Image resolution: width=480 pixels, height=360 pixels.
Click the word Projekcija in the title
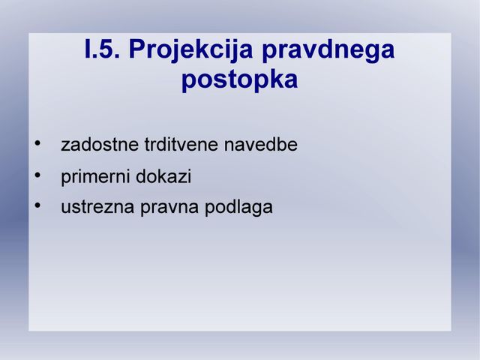[190, 50]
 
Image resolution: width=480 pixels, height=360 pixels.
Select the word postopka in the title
[239, 80]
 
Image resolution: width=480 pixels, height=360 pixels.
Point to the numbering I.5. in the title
[102, 49]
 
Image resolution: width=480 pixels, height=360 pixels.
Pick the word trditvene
[181, 145]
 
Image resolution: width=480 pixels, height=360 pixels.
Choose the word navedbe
[260, 145]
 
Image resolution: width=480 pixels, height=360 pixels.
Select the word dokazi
[163, 176]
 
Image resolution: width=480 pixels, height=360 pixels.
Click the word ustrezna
[97, 207]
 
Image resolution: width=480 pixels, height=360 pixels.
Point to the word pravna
[169, 208]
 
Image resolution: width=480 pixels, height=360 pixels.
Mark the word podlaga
[238, 208]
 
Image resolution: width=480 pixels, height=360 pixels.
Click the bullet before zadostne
[37, 143]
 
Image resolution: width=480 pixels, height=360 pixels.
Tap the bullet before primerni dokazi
[37, 175]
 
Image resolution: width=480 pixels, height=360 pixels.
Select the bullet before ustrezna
[37, 205]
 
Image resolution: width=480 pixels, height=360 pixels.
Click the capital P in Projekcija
[137, 49]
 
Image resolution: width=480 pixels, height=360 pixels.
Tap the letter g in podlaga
[256, 209]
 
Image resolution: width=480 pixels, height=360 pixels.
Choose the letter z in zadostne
[65, 146]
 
